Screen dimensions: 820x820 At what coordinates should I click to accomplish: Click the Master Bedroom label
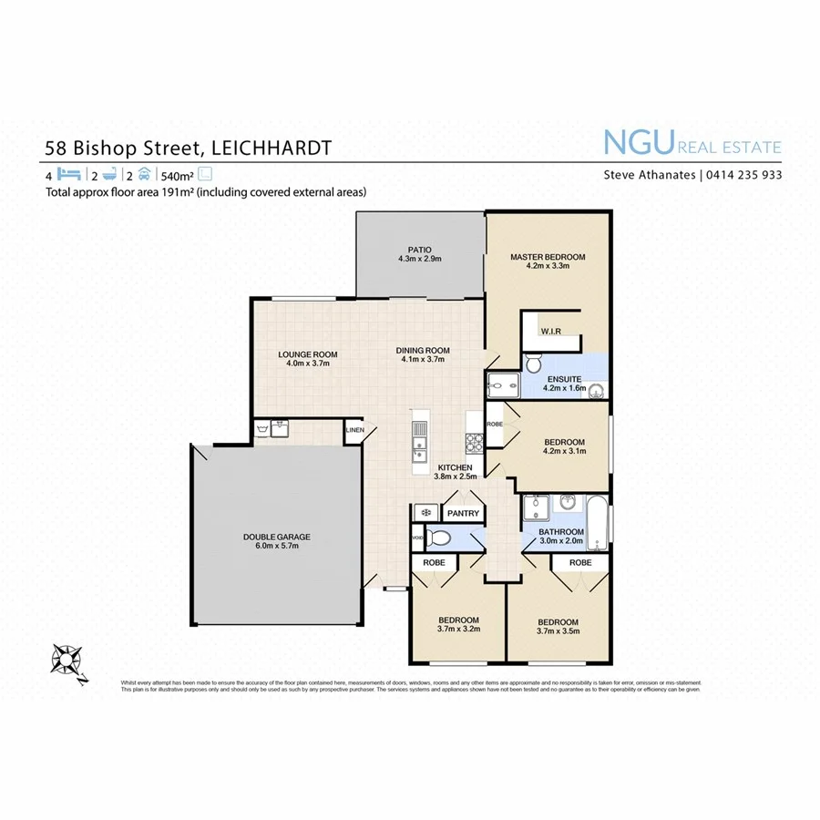[547, 257]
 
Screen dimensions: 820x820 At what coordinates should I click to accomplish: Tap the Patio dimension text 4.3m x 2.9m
[419, 259]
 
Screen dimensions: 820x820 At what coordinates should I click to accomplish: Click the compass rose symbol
[67, 658]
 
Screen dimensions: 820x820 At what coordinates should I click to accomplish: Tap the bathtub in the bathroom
[597, 524]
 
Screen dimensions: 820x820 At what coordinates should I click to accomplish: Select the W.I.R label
[549, 332]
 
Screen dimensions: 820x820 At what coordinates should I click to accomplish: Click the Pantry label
[463, 514]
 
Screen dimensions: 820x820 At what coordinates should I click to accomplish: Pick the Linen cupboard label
[354, 430]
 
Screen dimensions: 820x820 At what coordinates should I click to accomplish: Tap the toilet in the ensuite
[534, 364]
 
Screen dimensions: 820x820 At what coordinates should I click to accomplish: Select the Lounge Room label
[308, 354]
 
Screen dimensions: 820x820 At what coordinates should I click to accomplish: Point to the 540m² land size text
[176, 175]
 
